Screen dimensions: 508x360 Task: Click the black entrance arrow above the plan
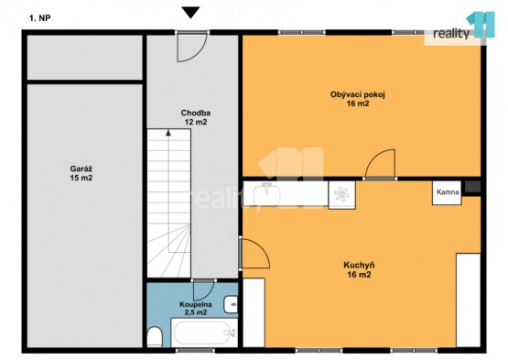pos(190,12)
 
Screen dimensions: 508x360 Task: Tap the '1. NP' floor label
pos(40,18)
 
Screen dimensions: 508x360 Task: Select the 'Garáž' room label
pos(81,169)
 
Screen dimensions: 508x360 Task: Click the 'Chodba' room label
pos(195,113)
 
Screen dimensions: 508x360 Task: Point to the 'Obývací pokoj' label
pos(358,94)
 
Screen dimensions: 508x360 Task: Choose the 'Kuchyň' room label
pos(359,266)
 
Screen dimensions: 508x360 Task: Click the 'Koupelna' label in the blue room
pos(196,304)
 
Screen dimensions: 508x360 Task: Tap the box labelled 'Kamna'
pos(447,192)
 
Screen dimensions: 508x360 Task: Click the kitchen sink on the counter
pos(266,194)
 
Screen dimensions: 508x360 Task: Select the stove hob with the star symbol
pos(341,194)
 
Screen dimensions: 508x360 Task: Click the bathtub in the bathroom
pos(204,333)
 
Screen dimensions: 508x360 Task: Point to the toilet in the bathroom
pos(155,337)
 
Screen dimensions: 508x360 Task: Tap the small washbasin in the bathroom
pos(231,304)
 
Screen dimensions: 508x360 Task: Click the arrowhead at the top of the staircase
pos(168,132)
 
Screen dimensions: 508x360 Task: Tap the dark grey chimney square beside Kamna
pos(472,187)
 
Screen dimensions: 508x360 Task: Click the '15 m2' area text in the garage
pos(81,178)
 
